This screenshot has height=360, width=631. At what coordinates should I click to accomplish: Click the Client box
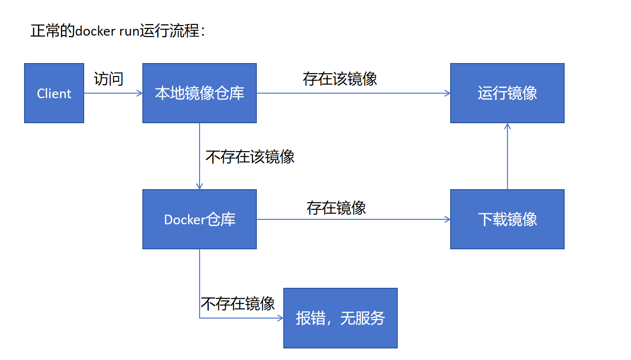[54, 93]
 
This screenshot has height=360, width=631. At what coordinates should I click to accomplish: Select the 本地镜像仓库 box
[200, 93]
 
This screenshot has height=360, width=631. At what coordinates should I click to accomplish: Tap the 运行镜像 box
[507, 93]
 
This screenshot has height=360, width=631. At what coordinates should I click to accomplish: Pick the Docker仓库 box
[200, 219]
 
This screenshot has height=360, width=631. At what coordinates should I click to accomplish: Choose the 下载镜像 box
[507, 219]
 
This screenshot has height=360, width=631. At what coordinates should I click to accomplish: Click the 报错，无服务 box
[341, 318]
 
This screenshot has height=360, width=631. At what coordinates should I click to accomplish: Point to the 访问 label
[109, 78]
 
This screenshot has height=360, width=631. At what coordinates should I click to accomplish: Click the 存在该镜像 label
[340, 78]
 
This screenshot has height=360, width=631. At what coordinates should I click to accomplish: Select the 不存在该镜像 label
[250, 157]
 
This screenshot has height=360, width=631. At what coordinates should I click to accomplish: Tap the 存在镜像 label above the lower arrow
[336, 208]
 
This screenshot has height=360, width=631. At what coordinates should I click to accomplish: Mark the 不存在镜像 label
[238, 304]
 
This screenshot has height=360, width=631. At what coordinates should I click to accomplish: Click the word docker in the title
[96, 31]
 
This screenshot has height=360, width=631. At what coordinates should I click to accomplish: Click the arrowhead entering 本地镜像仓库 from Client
[140, 93]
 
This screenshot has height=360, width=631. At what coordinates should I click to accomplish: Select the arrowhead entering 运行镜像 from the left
[448, 93]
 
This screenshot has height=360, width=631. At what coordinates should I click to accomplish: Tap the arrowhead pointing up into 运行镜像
[507, 126]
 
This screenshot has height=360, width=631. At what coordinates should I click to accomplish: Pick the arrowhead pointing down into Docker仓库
[200, 186]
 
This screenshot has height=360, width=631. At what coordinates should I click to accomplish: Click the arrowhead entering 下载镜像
[448, 219]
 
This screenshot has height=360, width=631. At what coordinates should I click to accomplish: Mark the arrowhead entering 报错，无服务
[281, 318]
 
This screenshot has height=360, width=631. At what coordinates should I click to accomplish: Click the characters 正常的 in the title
[53, 31]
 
